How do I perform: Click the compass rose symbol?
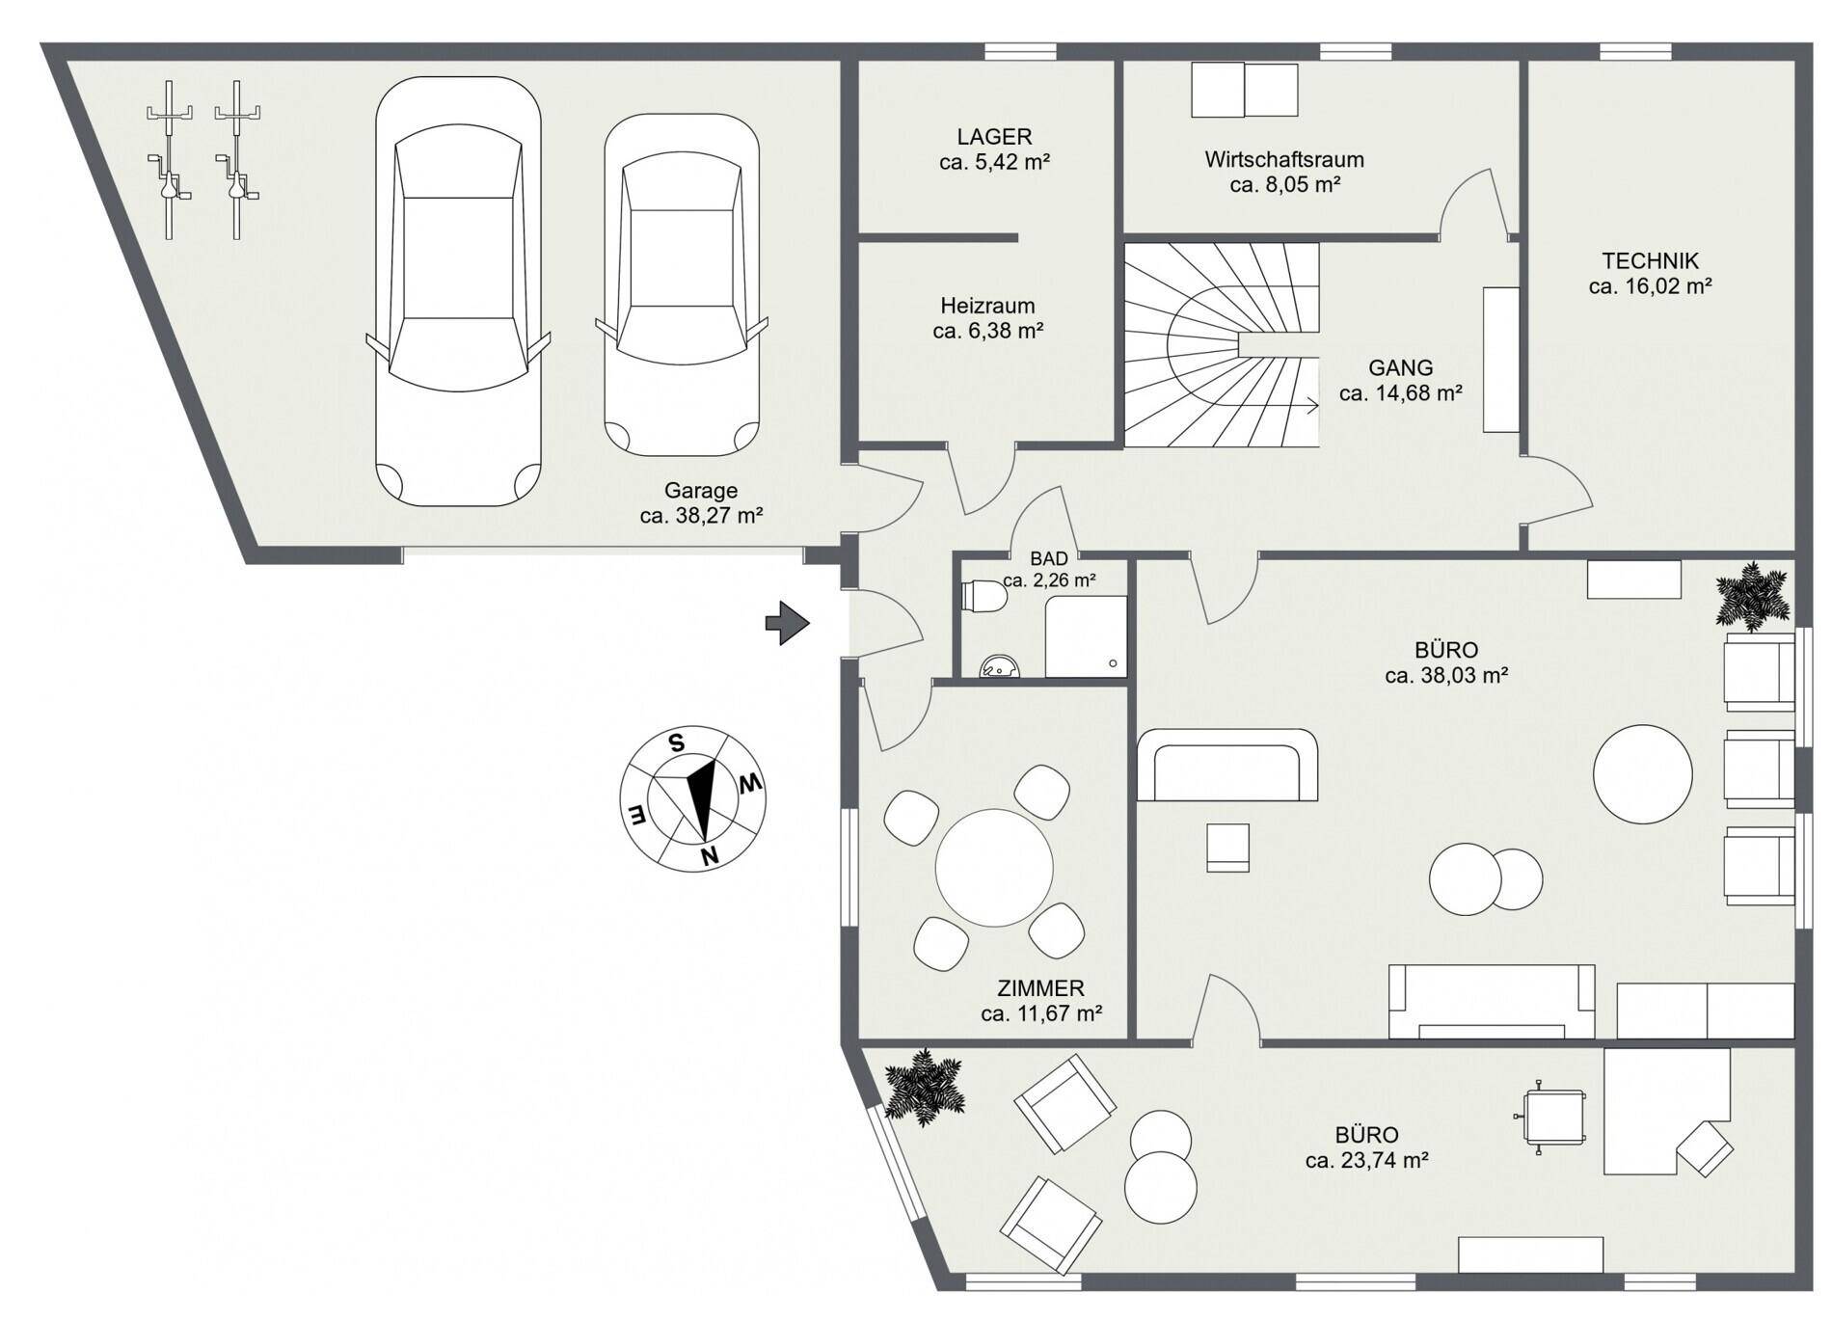[692, 799]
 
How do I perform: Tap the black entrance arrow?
[787, 623]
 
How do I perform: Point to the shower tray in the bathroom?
[1086, 636]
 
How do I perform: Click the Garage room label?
[701, 491]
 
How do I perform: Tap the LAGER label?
[994, 137]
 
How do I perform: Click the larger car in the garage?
[458, 291]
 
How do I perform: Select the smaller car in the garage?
[682, 285]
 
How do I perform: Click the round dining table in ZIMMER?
[994, 868]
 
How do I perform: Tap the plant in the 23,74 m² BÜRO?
[925, 1088]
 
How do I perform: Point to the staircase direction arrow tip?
[1318, 406]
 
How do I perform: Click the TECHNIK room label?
[1650, 260]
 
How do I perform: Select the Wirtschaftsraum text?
[1283, 159]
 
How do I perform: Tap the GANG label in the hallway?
[1400, 367]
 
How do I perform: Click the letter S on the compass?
[677, 742]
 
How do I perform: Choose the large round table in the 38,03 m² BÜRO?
[1642, 774]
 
